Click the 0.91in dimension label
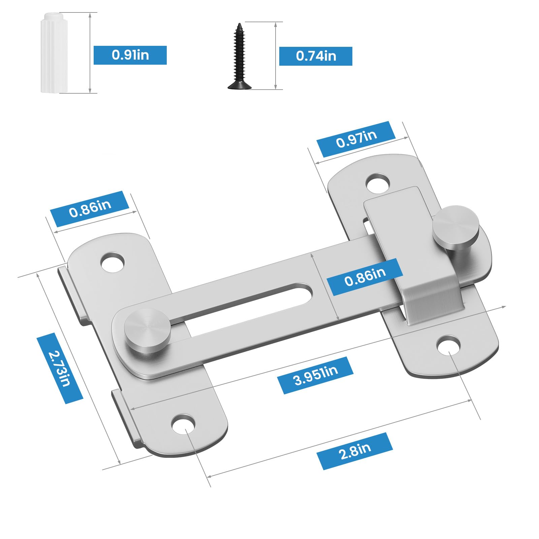[x=130, y=55]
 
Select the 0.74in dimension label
[x=316, y=56]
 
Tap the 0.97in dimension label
[x=356, y=139]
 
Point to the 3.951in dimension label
[x=315, y=375]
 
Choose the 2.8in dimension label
[x=355, y=451]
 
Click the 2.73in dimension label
[x=60, y=368]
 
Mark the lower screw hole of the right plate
[x=449, y=345]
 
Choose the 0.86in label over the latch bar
[x=365, y=277]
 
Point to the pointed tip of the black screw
[x=240, y=25]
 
